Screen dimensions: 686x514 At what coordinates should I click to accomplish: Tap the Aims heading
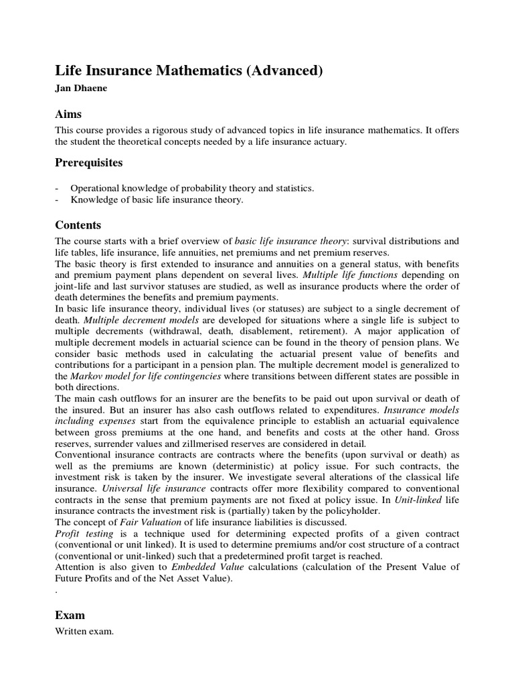[x=68, y=115]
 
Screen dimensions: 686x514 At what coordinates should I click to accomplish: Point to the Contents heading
[x=78, y=226]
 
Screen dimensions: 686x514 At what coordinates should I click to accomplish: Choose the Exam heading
[x=70, y=615]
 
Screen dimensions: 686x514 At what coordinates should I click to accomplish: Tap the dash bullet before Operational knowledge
[x=58, y=189]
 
